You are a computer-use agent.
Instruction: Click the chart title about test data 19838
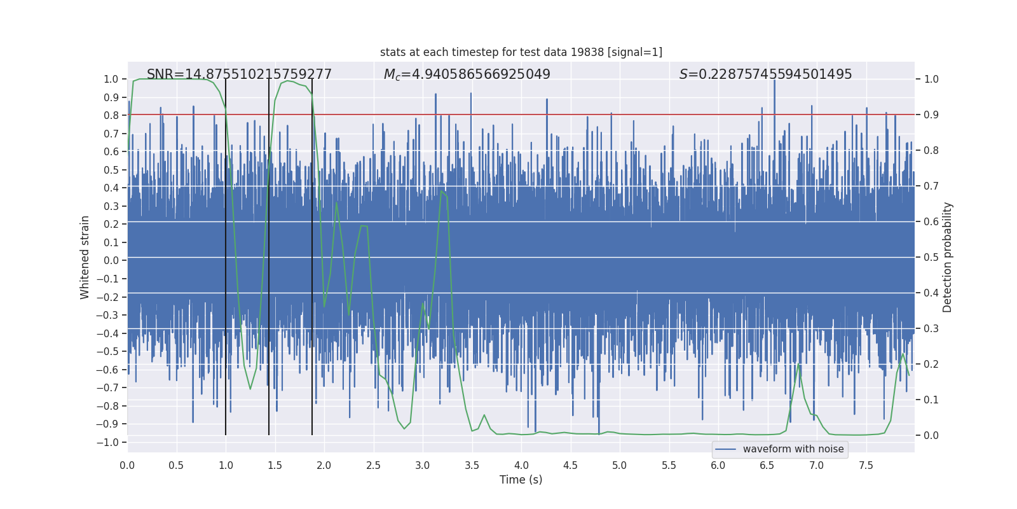tap(521, 52)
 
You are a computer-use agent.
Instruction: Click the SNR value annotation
tap(239, 74)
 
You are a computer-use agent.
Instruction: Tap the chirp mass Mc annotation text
tap(467, 74)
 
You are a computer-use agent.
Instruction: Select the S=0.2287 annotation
tap(765, 74)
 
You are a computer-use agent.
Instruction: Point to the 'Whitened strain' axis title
tap(85, 257)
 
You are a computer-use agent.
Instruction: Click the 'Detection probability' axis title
tap(947, 257)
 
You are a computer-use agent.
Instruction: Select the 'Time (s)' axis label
tap(521, 480)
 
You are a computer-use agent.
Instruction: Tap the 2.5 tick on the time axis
tap(373, 465)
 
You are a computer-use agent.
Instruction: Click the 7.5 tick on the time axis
tap(866, 465)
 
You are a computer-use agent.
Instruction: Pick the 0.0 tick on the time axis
tap(127, 465)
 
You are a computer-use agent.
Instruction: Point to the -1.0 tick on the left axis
tap(111, 442)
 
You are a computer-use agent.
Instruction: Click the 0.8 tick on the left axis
tap(111, 115)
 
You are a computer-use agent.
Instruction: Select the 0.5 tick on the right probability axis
tap(931, 257)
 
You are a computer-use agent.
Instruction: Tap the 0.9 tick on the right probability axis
tap(931, 115)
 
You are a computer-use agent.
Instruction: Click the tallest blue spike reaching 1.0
tap(774, 83)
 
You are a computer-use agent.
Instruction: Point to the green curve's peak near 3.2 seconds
tap(442, 192)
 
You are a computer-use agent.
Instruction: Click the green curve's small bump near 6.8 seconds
tap(799, 364)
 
